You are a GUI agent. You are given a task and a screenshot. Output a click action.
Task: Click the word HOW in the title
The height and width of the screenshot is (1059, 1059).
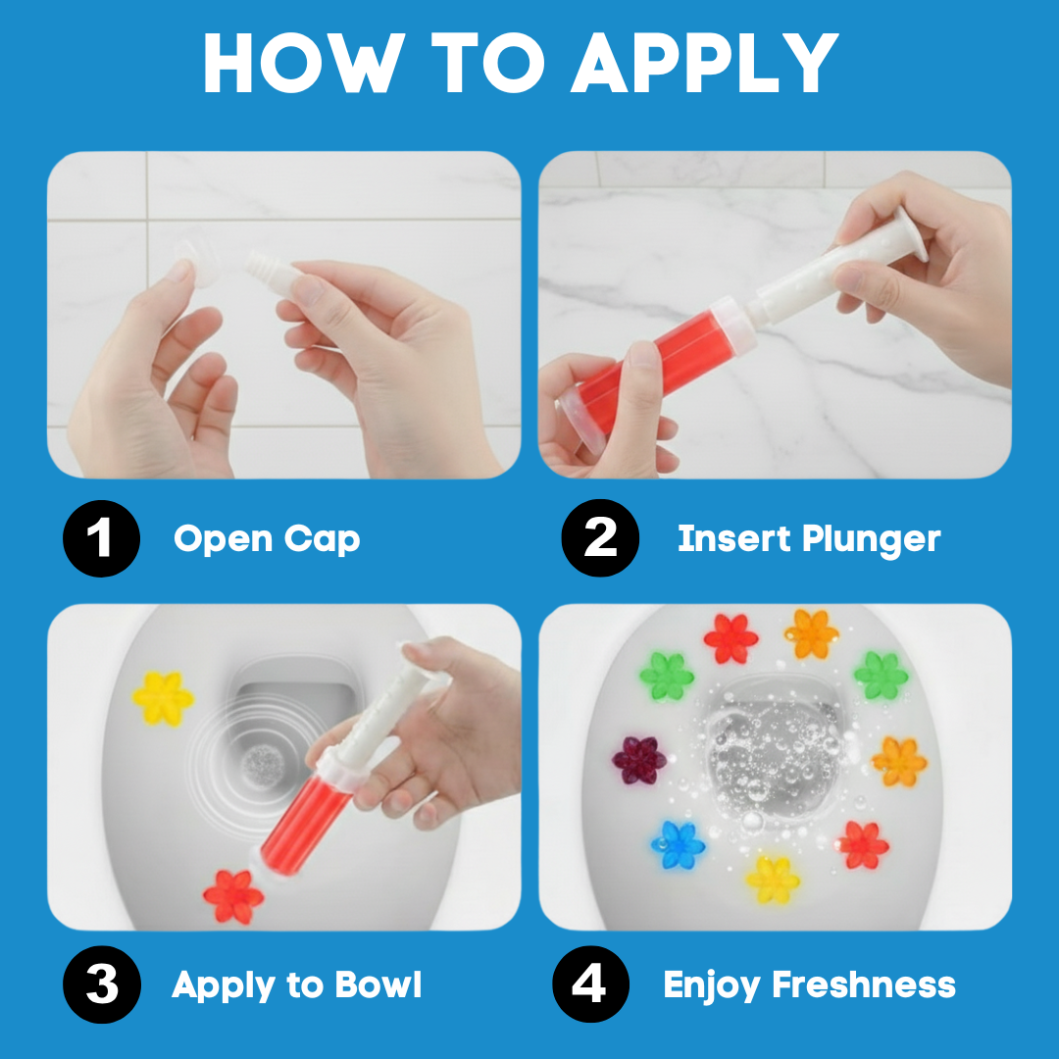tap(304, 63)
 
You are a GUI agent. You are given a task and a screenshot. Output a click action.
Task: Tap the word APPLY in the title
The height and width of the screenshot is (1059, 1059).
tap(705, 63)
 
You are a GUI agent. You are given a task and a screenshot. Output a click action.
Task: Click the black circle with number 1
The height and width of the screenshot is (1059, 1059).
tap(101, 538)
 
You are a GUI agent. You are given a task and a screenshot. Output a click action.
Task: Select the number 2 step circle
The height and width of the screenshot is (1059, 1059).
tap(600, 537)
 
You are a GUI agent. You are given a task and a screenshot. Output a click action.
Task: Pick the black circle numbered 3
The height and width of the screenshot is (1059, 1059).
tap(102, 984)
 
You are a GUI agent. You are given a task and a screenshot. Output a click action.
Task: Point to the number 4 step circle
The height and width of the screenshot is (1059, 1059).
tap(590, 984)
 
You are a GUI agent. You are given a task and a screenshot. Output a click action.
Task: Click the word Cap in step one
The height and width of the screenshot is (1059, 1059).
tap(323, 540)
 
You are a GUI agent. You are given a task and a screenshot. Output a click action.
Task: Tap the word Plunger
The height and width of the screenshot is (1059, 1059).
tap(872, 540)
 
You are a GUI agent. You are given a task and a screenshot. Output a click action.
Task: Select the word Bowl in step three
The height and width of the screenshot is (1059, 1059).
tap(378, 984)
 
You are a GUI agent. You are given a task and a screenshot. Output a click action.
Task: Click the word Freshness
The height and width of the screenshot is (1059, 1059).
tap(864, 984)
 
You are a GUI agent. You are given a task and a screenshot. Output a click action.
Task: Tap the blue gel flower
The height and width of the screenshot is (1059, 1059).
tap(678, 844)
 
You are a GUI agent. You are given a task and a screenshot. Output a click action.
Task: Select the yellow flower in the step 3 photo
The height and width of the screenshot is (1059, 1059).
tap(163, 698)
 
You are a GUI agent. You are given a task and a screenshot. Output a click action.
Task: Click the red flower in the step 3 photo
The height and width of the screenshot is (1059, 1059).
tap(233, 896)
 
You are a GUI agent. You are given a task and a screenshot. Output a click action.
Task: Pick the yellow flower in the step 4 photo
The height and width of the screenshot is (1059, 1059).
tap(773, 880)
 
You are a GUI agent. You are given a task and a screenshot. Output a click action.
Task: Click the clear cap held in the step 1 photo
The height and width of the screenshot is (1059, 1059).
tap(191, 262)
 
